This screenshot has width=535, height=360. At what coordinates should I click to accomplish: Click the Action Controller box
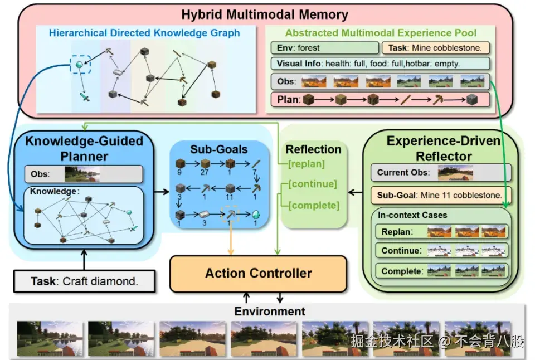258,273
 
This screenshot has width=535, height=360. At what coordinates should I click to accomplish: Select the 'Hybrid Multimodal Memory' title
265,14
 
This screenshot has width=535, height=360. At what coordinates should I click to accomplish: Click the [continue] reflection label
313,184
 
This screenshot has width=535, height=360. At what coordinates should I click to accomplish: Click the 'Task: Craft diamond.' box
84,281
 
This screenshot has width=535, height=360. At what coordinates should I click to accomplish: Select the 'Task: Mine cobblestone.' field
435,48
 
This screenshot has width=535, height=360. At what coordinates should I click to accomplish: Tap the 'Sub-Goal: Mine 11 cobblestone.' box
441,195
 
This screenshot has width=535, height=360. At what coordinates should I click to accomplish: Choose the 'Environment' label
270,311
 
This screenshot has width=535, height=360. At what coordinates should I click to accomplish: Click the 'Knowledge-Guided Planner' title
84,148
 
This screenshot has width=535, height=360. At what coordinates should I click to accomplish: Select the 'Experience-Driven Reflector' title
444,148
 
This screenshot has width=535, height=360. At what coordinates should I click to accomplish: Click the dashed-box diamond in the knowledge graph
80,65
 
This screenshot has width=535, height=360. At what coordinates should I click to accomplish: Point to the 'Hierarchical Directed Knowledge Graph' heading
144,33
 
